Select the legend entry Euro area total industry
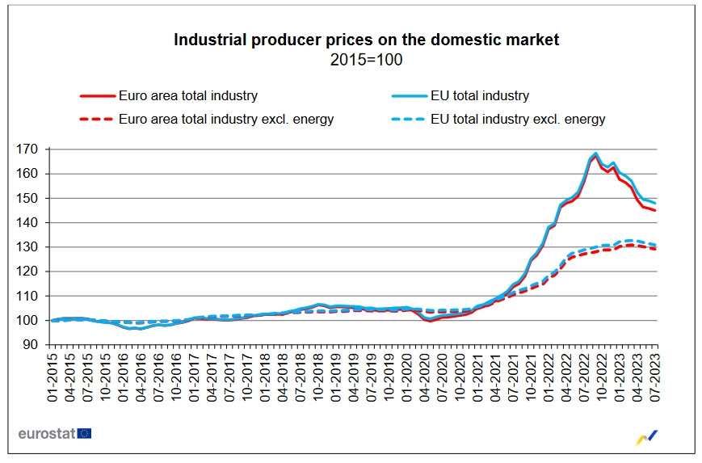tap(187, 95)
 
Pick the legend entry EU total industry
tap(480, 95)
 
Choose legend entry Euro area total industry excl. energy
tap(225, 120)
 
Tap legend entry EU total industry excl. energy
tap(518, 120)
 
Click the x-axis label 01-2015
tap(53, 374)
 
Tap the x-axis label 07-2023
tap(655, 374)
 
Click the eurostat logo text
tap(47, 434)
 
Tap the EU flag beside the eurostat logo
tap(85, 434)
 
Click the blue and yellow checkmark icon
tap(648, 436)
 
